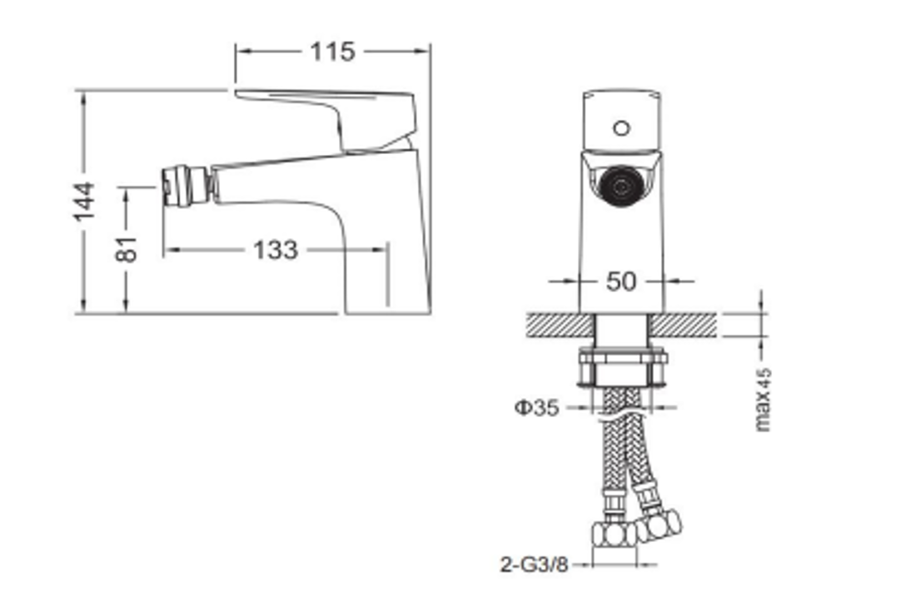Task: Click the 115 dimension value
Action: point(332,52)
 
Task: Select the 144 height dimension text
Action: point(84,201)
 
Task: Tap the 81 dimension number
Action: point(127,247)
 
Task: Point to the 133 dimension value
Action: point(275,249)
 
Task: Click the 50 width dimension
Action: point(621,281)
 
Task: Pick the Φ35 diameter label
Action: point(537,408)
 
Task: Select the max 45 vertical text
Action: point(763,400)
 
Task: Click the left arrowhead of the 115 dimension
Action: point(241,52)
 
